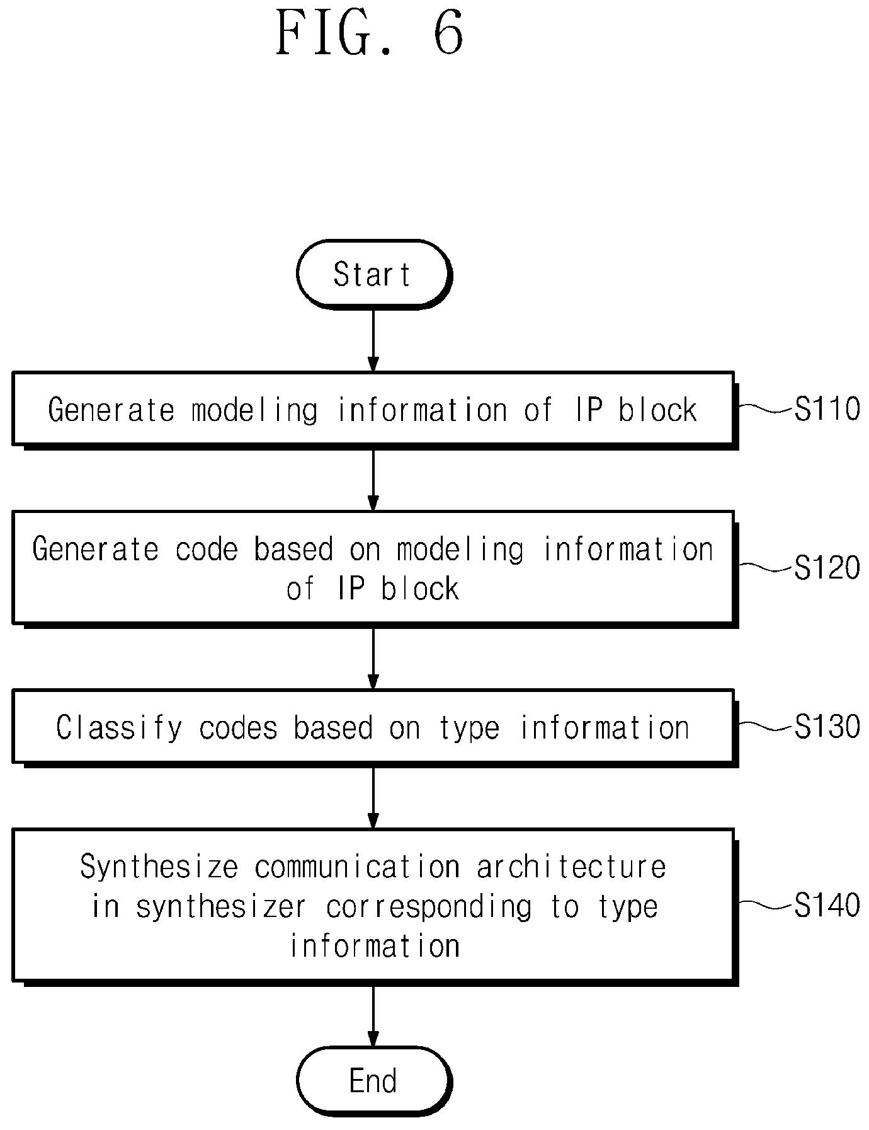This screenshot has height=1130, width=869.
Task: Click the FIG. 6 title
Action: click(370, 35)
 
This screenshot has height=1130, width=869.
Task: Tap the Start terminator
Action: click(374, 275)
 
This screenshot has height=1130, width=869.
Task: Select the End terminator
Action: click(374, 1081)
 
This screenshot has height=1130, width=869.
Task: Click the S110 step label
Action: click(827, 409)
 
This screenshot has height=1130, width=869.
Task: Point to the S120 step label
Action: click(827, 568)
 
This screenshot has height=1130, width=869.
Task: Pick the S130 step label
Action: click(827, 727)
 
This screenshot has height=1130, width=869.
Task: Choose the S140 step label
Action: click(827, 906)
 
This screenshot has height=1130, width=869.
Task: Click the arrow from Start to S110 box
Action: click(373, 340)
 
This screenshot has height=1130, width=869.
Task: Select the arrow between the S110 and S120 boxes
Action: click(373, 480)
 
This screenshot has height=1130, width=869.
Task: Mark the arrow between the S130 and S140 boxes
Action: click(373, 798)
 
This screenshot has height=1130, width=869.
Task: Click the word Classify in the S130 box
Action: click(118, 728)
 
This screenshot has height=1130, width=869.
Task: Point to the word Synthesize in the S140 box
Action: click(159, 867)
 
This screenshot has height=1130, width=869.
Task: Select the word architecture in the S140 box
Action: click(571, 867)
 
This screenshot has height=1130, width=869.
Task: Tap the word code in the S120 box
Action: click(207, 549)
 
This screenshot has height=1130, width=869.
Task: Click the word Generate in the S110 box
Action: click(111, 410)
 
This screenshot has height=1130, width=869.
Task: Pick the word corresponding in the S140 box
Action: click(429, 908)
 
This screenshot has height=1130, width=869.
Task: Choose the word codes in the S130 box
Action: click(239, 728)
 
